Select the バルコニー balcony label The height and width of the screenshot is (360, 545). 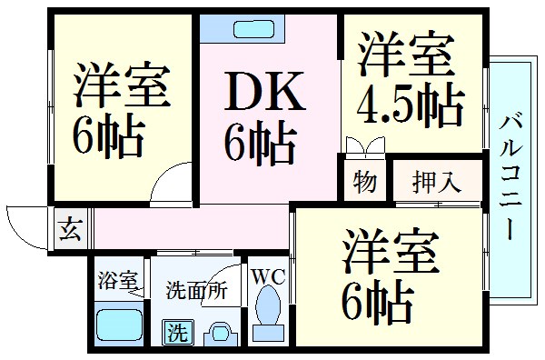pos(510,175)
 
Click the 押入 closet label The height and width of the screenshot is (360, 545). pos(436,180)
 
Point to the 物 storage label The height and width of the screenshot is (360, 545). pos(364,181)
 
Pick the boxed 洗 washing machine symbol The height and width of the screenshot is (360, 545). pos(173,333)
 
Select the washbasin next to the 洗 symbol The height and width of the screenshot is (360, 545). pos(219,332)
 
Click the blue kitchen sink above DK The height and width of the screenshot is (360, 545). pos(244,27)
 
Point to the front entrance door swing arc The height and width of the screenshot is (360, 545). pos(25,225)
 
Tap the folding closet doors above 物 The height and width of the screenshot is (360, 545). pos(363,145)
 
